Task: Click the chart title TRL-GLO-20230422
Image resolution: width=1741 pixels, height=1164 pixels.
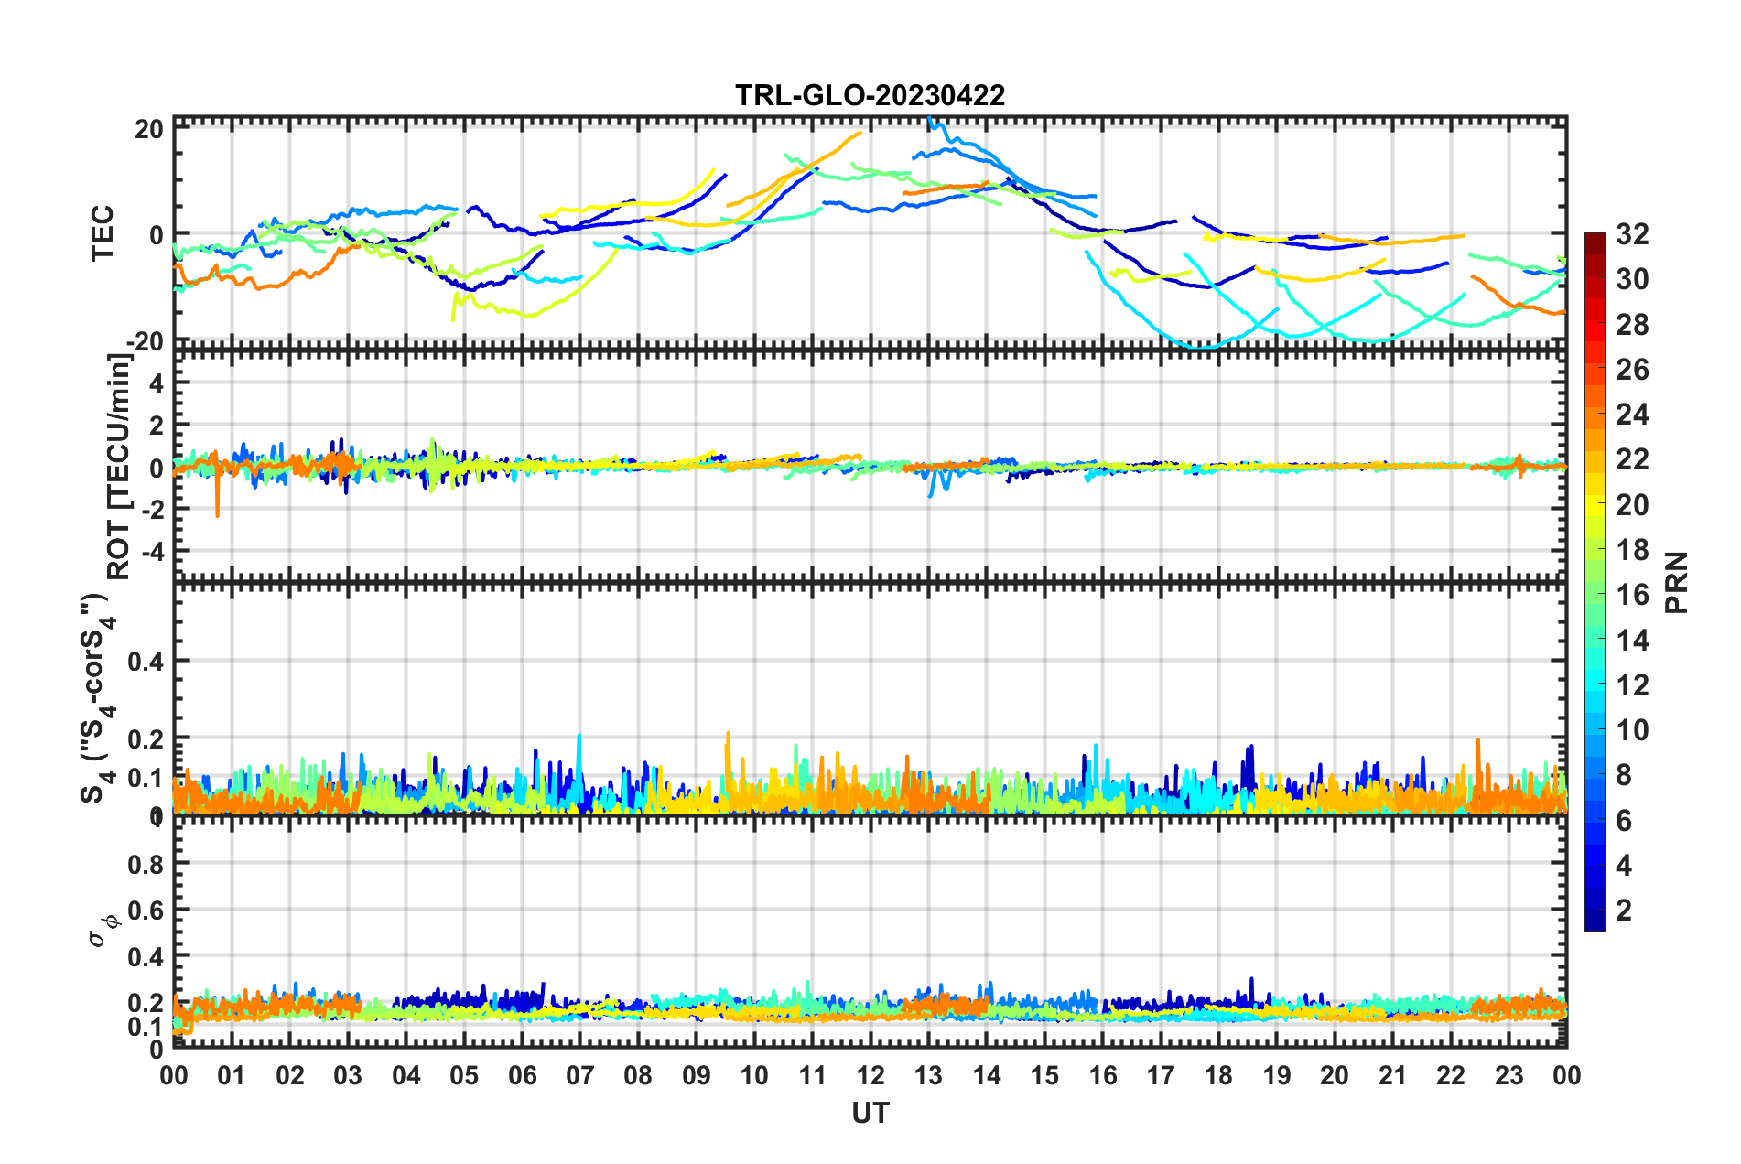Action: [x=870, y=95]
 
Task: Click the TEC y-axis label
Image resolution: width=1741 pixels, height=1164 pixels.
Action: [x=103, y=232]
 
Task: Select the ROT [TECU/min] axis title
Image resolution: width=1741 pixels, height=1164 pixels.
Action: [x=119, y=467]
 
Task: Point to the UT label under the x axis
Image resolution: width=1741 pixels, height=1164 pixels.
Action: [x=870, y=1113]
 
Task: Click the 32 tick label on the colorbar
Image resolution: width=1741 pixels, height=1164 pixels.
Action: [x=1632, y=234]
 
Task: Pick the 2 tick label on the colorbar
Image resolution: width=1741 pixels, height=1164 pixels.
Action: [x=1624, y=910]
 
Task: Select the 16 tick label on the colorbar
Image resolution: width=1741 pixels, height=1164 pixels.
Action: [x=1632, y=595]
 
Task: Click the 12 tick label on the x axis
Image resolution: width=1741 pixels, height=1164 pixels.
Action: [x=870, y=1075]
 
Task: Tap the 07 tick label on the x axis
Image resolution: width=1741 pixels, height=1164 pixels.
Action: [x=580, y=1075]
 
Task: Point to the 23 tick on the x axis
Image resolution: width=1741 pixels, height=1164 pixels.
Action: [x=1509, y=1075]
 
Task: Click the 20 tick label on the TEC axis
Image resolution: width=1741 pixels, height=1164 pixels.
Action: [x=149, y=130]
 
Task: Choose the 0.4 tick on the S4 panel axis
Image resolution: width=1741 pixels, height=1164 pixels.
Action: [x=146, y=661]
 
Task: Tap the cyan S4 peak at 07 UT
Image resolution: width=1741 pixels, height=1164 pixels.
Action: [x=579, y=738]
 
